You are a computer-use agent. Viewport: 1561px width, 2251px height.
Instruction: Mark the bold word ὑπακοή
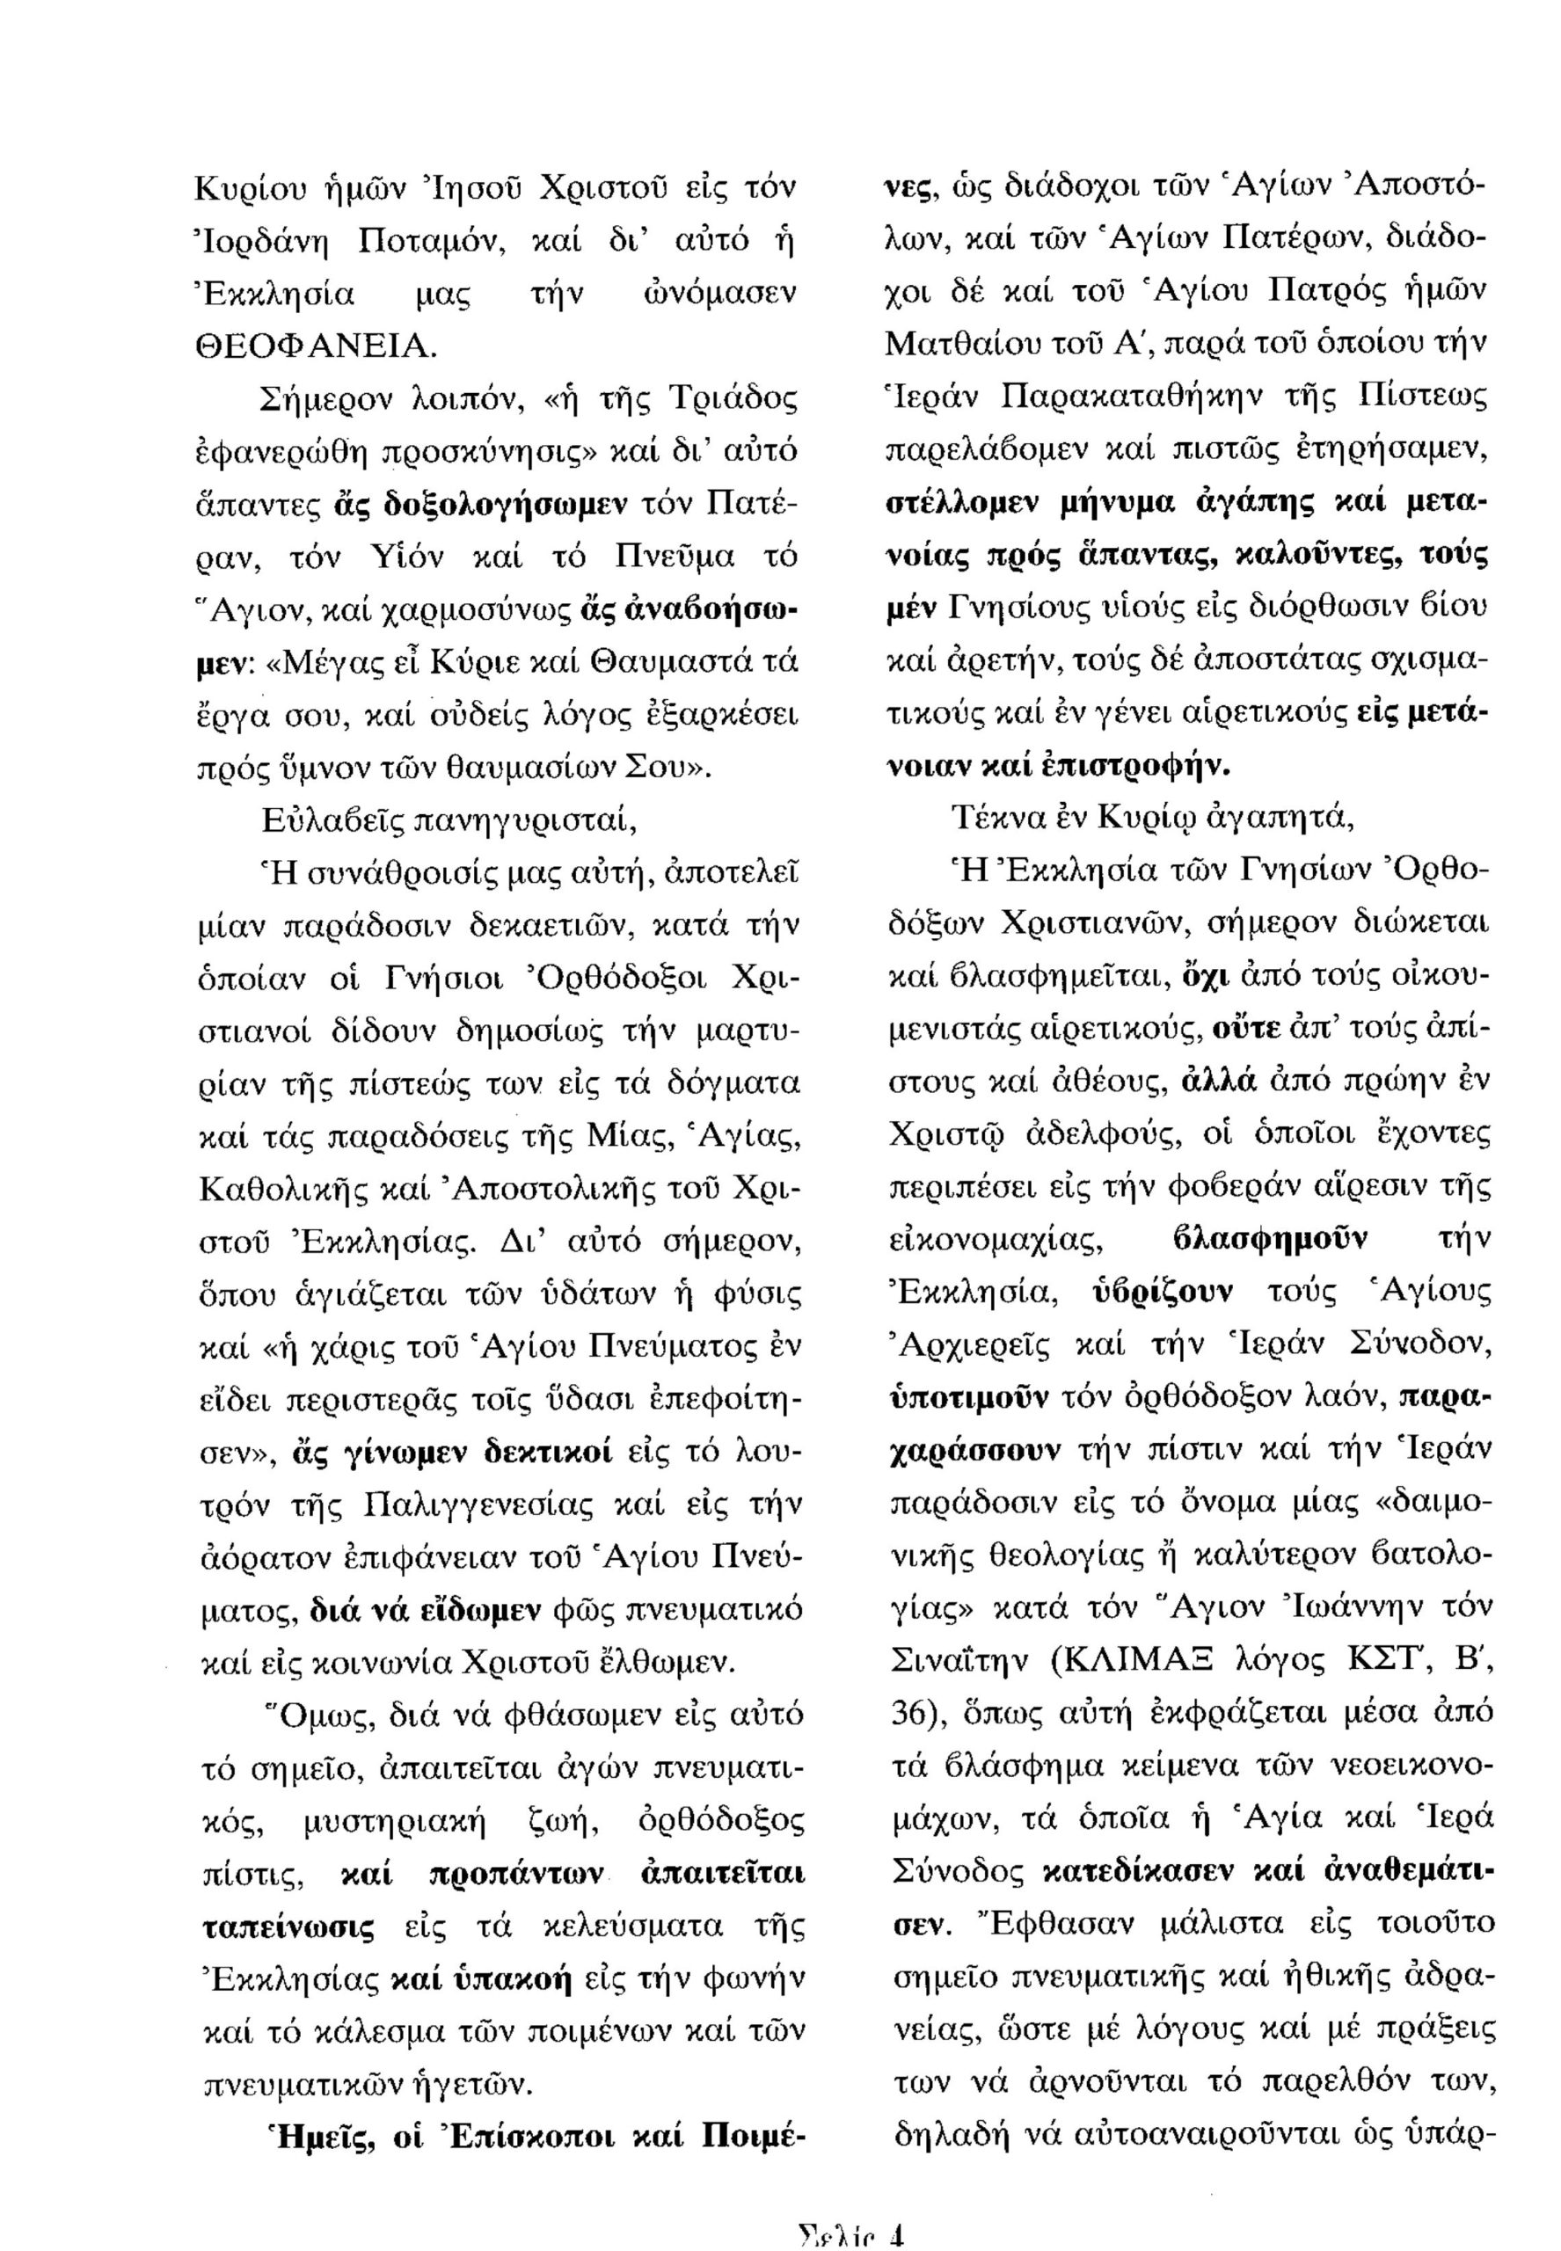point(514,1980)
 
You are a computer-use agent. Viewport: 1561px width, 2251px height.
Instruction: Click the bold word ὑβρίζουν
point(1161,1293)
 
